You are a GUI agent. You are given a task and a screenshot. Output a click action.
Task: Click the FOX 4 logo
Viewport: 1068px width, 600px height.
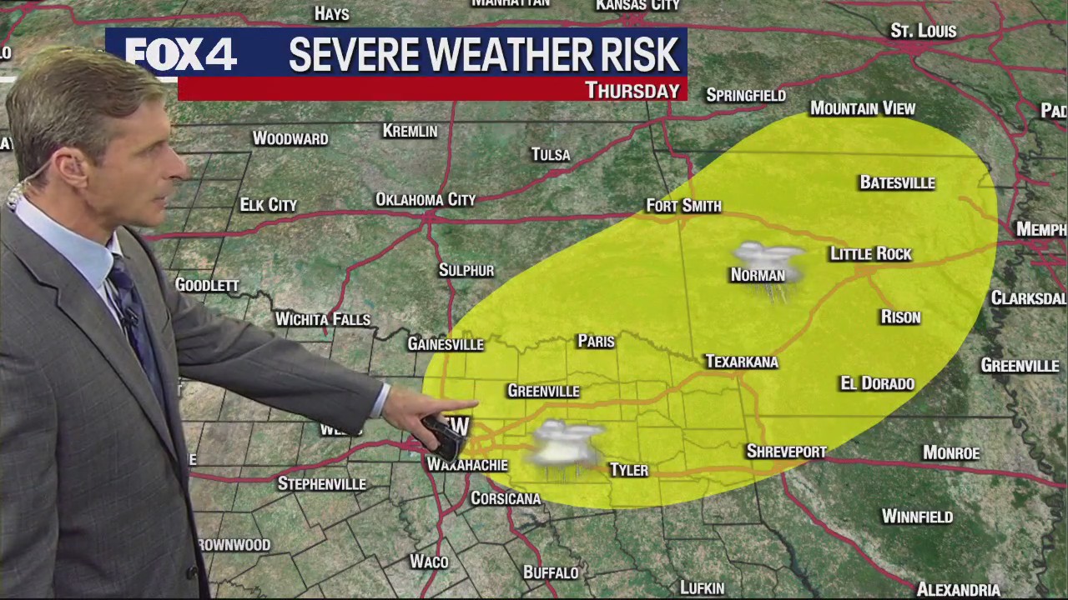coord(180,55)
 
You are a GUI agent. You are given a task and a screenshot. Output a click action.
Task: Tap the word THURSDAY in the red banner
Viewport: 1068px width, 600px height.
coord(632,90)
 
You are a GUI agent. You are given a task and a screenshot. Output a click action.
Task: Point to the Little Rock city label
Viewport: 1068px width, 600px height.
coord(870,254)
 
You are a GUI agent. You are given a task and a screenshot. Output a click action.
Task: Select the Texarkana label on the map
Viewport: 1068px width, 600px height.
coord(741,362)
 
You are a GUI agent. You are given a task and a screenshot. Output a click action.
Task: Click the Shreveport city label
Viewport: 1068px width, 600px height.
coord(786,452)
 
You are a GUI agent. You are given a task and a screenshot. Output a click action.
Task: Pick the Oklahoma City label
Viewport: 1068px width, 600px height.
coord(425,200)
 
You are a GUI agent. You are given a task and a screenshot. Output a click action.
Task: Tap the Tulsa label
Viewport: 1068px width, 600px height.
coord(551,155)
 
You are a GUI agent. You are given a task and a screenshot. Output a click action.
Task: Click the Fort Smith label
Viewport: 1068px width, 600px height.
coord(683,206)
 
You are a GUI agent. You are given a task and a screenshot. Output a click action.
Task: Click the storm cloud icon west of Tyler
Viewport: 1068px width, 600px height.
coord(566,446)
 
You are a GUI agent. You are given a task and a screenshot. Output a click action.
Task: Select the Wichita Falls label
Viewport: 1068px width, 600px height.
coord(322,319)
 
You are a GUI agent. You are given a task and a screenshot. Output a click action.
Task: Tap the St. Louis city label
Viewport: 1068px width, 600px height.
coord(923,32)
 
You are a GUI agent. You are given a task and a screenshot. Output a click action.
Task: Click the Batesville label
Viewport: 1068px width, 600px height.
coord(897,183)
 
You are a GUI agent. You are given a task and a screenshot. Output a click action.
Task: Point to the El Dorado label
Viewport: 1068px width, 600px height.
coord(877,383)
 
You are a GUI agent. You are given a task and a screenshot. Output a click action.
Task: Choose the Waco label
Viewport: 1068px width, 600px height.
coord(429,562)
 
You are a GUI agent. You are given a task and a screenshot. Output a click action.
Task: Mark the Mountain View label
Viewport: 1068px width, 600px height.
coord(863,109)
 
